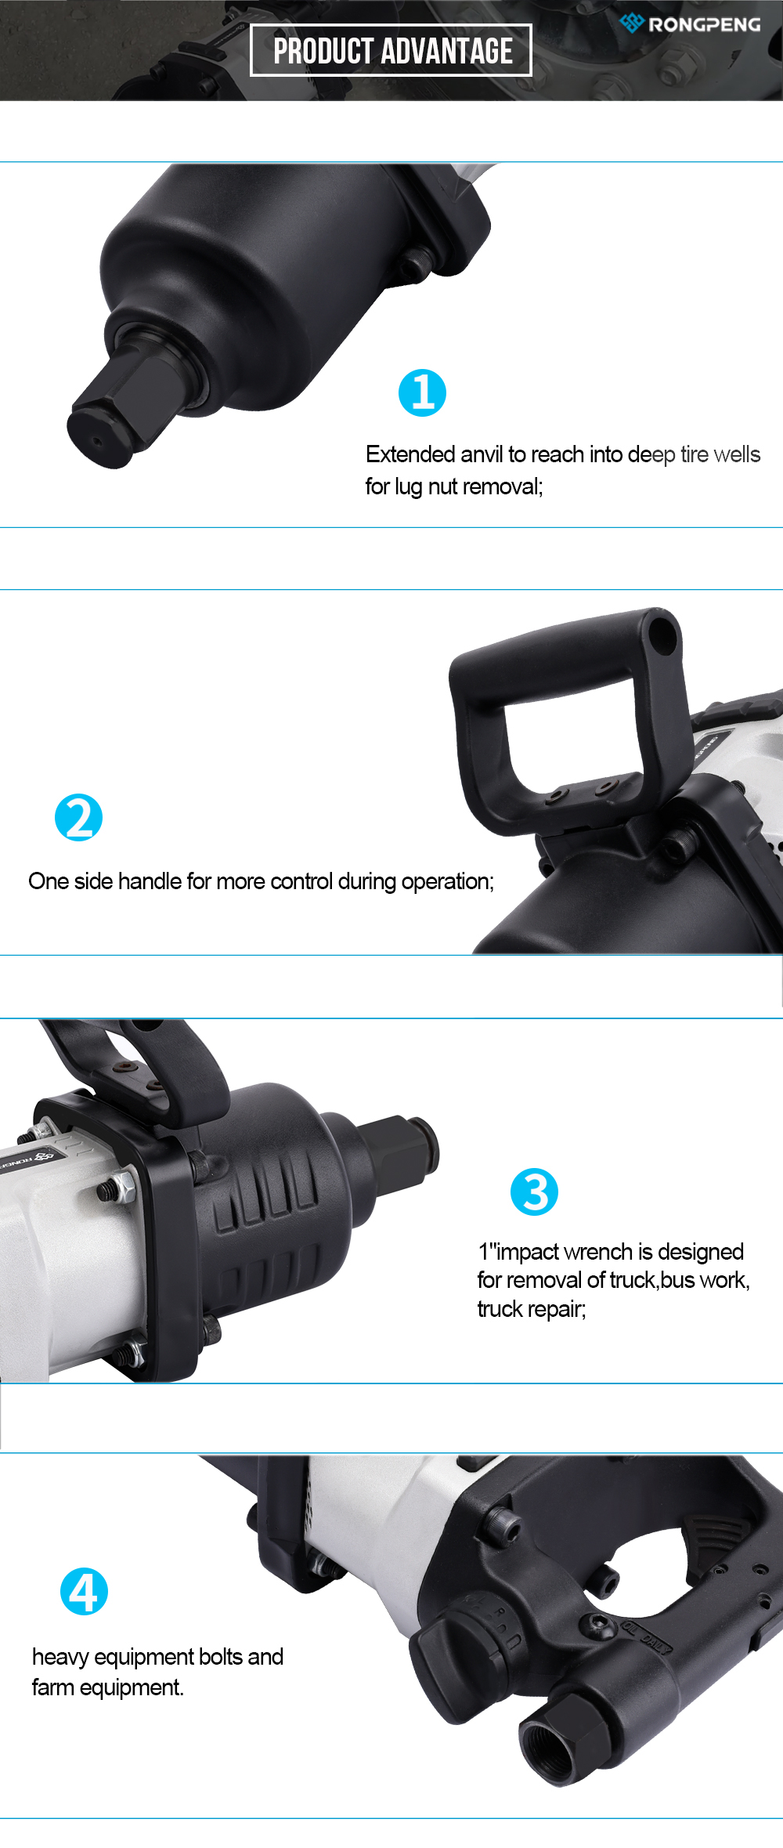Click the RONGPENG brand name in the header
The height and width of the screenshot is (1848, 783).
pos(704,25)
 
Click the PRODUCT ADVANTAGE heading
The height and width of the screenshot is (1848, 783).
pos(392,51)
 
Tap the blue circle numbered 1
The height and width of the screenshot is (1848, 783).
pos(422,392)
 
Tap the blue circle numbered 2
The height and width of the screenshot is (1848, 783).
pos(78,818)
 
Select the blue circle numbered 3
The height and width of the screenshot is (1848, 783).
pos(534,1192)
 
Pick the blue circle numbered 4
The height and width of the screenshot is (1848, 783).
pos(84,1591)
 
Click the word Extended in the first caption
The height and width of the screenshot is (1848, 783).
pos(410,454)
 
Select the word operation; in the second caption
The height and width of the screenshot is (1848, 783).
pos(447,882)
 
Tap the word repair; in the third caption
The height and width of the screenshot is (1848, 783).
pos(554,1310)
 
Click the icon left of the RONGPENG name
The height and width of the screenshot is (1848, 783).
pos(631,23)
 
